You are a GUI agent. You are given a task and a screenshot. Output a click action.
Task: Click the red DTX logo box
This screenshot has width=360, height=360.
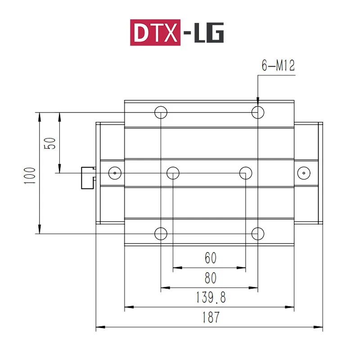(155, 32)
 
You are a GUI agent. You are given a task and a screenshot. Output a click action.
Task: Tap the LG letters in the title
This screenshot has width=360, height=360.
(209, 32)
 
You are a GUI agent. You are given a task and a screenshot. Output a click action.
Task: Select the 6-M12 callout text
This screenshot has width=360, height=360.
(278, 65)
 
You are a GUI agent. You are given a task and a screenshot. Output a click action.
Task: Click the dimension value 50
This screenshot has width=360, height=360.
(50, 144)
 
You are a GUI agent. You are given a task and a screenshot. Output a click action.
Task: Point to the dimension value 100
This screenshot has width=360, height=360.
(30, 175)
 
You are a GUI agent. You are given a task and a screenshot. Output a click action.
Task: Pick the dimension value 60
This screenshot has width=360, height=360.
(211, 257)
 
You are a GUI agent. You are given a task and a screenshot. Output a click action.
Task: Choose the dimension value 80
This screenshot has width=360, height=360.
(211, 278)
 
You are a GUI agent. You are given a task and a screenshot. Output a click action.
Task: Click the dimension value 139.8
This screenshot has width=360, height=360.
(211, 297)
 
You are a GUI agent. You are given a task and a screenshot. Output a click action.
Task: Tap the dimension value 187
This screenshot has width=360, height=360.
(211, 317)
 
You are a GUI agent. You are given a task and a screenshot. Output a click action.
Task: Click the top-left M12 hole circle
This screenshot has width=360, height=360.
(161, 106)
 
